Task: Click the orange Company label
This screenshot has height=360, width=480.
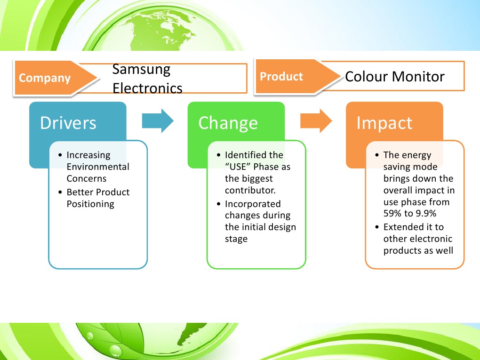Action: pos(45,78)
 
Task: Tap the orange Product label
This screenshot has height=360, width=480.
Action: pos(281,76)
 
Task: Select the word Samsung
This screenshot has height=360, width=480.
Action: pos(142,70)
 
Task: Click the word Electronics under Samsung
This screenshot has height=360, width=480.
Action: pos(147,88)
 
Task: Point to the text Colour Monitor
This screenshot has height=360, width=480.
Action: pos(395,77)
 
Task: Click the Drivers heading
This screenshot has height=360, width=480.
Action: pos(68,123)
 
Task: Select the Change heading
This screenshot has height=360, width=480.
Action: pos(228,123)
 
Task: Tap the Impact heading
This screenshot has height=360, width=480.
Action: pos(384,123)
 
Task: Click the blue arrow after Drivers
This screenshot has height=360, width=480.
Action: pos(158,120)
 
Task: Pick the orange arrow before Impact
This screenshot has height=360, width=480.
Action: pos(316,120)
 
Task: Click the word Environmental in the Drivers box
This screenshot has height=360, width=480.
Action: pos(98,167)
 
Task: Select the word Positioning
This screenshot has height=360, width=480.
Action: pos(90,204)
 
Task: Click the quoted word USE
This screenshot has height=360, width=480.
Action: pos(238,167)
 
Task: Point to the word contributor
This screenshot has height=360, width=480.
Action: pos(250,191)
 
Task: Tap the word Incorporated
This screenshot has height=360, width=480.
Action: pos(253,204)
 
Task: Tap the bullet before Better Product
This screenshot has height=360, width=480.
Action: pos(60,192)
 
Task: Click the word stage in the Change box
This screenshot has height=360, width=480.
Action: pos(236,239)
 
